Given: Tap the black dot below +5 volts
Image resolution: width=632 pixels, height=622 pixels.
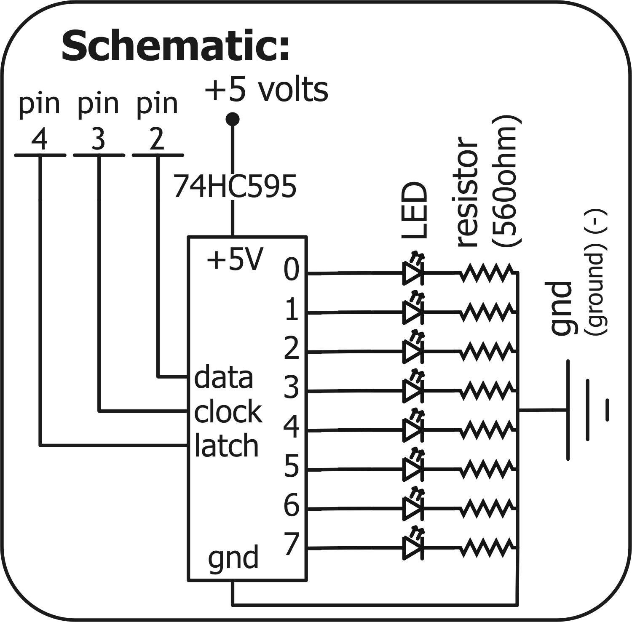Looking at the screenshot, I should tap(232, 119).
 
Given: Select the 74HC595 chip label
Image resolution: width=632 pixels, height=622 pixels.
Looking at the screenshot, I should tap(235, 187).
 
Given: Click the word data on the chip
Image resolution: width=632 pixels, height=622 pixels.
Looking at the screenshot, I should tap(223, 377).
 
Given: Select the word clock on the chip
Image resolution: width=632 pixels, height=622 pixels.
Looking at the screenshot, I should tap(228, 412).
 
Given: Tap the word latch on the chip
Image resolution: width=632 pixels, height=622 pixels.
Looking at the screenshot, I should tap(226, 446).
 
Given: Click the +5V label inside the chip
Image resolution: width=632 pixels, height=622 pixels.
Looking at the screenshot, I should tap(235, 259).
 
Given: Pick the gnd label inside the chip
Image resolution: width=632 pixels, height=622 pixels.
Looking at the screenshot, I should tap(233, 558).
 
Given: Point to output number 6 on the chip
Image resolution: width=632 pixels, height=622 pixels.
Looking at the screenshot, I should tap(291, 505).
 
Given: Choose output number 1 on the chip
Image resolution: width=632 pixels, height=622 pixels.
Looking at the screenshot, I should tap(291, 311).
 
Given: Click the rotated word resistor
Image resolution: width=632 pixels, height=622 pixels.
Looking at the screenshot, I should tap(467, 192).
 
